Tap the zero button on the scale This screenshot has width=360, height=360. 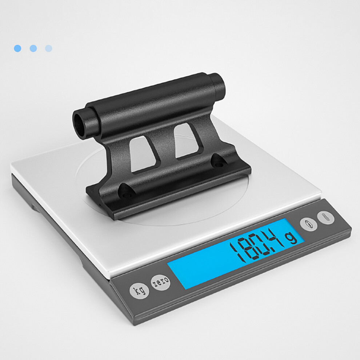click(161, 282)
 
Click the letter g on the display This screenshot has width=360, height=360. click(291, 237)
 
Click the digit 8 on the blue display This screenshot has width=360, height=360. click(249, 248)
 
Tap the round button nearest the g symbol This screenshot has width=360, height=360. click(309, 224)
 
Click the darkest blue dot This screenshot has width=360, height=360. click(17, 48)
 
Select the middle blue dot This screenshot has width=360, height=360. click(33, 48)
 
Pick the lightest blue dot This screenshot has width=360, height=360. click(49, 48)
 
